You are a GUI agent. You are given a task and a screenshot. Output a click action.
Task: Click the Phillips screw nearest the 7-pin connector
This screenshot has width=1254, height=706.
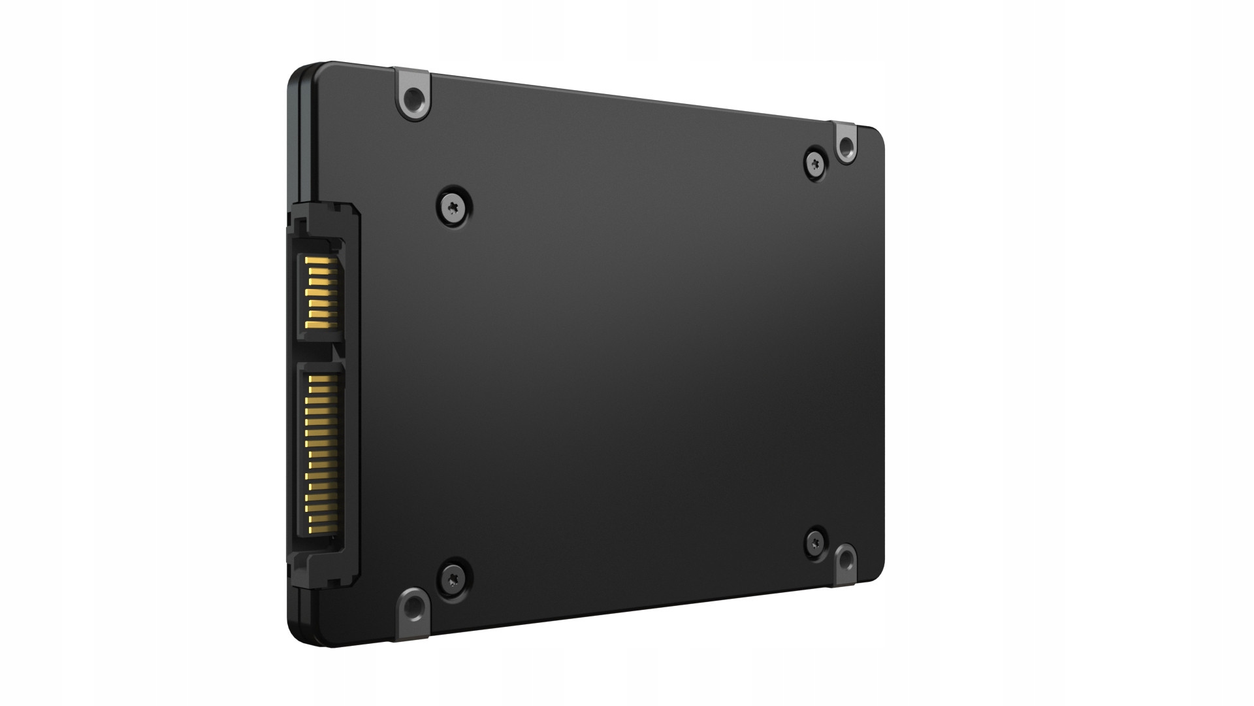click(x=454, y=207)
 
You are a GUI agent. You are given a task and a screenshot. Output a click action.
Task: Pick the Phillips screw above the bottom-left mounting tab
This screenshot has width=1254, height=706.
click(x=453, y=576)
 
